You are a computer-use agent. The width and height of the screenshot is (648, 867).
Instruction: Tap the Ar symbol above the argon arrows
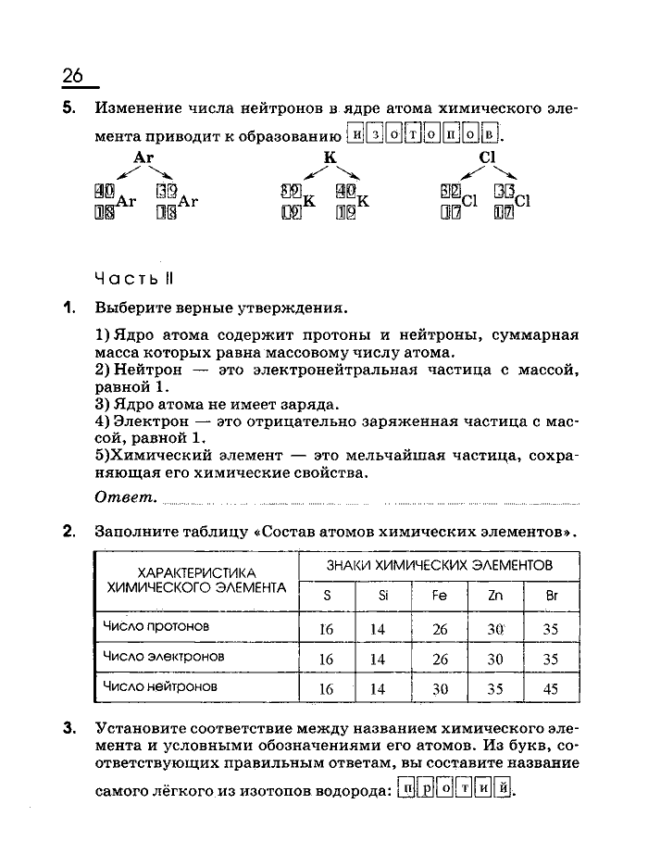(x=143, y=157)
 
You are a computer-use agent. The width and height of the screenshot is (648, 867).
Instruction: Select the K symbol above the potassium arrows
(x=329, y=157)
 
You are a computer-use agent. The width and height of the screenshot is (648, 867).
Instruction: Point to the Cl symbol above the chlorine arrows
(x=488, y=157)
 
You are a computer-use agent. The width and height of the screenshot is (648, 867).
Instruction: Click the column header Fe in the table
(x=440, y=596)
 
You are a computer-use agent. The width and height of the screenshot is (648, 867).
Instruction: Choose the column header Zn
(x=495, y=596)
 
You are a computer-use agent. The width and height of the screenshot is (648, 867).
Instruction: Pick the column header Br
(x=552, y=596)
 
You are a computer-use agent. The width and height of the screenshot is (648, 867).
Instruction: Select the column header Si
(x=383, y=596)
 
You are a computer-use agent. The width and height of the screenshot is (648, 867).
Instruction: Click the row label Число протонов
(x=156, y=626)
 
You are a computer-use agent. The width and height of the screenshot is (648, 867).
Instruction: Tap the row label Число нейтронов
(x=160, y=686)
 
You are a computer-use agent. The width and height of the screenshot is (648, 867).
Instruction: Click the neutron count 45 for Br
(x=552, y=689)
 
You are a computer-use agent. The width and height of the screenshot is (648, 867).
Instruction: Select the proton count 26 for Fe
(x=440, y=630)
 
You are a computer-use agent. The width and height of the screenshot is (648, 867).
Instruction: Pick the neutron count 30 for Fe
(x=440, y=689)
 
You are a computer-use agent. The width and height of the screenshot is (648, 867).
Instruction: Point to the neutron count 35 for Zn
(x=495, y=689)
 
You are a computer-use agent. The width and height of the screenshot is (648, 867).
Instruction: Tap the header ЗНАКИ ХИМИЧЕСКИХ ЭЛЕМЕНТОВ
(x=440, y=564)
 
